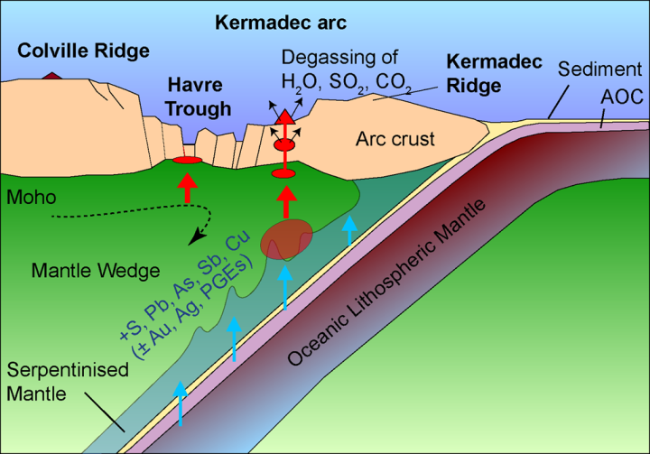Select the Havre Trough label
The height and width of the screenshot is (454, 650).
pyautogui.click(x=199, y=98)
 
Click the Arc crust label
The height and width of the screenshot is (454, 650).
pyautogui.click(x=395, y=139)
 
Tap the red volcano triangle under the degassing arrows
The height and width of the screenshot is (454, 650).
pyautogui.click(x=285, y=116)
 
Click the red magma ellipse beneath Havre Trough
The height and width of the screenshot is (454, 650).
pyautogui.click(x=187, y=161)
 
